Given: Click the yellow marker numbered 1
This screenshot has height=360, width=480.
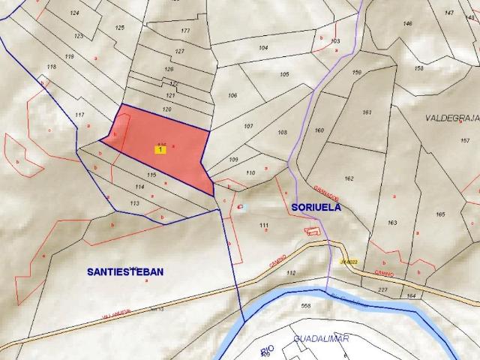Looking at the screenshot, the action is pos(160,150).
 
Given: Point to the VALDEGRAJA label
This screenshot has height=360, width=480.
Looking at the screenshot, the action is pos(451,118).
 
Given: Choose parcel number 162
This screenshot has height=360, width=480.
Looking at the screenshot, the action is pos(349,178).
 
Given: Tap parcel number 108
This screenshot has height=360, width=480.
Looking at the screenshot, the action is pos(282,133).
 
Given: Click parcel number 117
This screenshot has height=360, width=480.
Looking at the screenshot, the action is pos(79,115).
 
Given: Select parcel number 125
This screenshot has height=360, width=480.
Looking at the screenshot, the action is pos(119,28).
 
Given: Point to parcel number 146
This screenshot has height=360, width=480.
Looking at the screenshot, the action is pos(407,24).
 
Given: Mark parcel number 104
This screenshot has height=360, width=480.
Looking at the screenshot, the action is pos(263,48).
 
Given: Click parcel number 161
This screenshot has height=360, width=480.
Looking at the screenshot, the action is pos(367,112).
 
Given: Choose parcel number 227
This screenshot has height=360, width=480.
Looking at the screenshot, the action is pos(382,289).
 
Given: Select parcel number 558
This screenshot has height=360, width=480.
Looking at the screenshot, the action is pos(305,306).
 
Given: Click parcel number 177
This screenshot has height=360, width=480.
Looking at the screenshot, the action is pos(185,31).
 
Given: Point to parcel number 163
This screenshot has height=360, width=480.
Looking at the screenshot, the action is pos(392,223).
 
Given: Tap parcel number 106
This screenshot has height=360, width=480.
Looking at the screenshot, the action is pos(232,96).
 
